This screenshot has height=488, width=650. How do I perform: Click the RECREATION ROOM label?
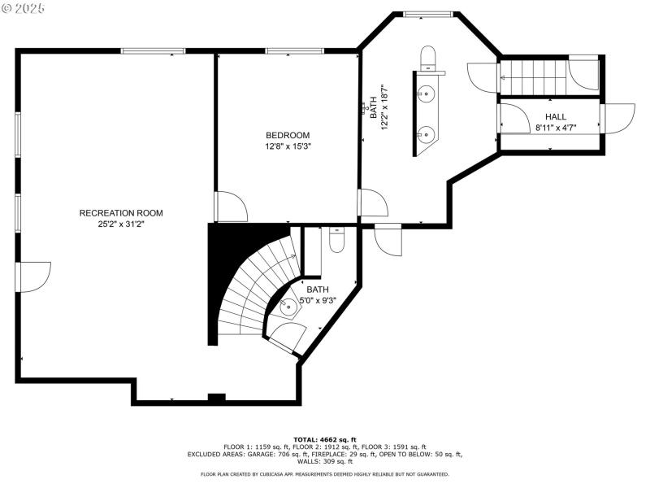121,213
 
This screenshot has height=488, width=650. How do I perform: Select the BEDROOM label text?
288,135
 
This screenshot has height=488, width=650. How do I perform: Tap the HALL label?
556,117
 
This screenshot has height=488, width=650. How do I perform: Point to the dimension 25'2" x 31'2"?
121,224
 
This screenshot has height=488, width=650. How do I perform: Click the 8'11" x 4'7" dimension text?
556,129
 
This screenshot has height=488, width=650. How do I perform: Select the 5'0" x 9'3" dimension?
318,300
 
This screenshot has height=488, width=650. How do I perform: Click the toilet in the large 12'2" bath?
429,59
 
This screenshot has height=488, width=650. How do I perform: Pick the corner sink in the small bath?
288,307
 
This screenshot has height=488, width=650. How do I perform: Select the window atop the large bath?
429,14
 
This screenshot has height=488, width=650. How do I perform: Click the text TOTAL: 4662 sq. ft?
325,439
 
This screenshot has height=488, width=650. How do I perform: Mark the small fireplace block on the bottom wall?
216,398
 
